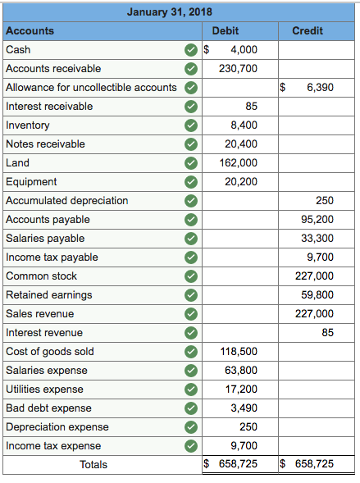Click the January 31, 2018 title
[x=170, y=12]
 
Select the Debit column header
[x=226, y=31]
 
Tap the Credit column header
[x=308, y=31]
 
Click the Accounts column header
[x=30, y=31]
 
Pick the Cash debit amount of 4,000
[x=244, y=50]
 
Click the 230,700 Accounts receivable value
[x=238, y=69]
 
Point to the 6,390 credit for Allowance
[x=320, y=88]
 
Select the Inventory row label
[x=28, y=125]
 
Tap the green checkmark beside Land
[x=190, y=163]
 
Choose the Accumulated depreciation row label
[x=67, y=201]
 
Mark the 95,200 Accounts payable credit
[x=317, y=220]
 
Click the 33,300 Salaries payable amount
[x=317, y=239]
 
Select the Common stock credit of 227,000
[x=315, y=276]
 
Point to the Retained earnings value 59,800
[x=317, y=295]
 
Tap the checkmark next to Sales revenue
[x=190, y=314]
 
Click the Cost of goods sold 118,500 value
[x=238, y=352]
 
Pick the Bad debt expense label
[x=48, y=408]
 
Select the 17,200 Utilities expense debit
[x=240, y=390]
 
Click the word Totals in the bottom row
[x=93, y=465]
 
